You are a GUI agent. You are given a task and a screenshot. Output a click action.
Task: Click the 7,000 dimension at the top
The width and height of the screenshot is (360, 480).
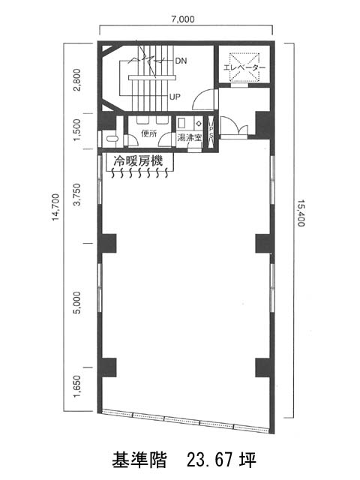click(183, 19)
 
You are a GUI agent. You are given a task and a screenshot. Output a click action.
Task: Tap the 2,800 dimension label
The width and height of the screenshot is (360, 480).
click(76, 80)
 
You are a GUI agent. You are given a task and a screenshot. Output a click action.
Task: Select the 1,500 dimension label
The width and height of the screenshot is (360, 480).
click(76, 130)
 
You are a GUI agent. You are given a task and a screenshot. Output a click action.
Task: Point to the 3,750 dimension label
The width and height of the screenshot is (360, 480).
click(76, 194)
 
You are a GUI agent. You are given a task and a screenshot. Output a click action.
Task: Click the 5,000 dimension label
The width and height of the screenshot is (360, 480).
click(76, 302)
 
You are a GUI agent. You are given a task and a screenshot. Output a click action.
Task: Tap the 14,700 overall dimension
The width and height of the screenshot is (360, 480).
click(55, 207)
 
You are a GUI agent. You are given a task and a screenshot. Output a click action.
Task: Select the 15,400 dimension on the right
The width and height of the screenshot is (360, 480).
click(301, 213)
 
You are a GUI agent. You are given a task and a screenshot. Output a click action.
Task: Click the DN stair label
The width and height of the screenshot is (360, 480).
click(181, 61)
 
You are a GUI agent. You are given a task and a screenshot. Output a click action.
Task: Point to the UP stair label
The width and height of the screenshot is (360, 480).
click(175, 97)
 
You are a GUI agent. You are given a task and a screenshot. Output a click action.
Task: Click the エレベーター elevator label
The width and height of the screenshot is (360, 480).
click(244, 67)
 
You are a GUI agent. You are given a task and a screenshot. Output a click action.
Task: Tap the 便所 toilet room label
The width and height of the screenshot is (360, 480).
click(148, 133)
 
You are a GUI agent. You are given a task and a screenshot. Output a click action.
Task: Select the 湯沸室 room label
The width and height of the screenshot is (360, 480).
click(190, 137)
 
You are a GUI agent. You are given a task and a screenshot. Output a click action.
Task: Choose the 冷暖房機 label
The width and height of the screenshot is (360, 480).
click(138, 161)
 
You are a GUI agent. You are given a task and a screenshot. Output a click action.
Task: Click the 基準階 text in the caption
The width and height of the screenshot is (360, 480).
click(139, 460)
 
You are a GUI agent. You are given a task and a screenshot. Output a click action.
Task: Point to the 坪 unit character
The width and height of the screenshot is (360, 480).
click(248, 460)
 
